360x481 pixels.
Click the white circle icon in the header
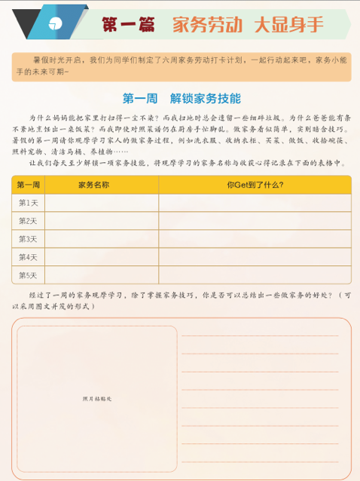click(55, 21)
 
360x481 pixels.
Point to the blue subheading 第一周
click(139, 98)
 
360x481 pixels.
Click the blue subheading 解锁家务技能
click(205, 98)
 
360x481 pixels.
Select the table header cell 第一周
click(28, 185)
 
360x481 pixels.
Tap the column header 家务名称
click(93, 185)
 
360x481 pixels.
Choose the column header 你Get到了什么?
click(255, 185)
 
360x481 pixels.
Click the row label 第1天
click(28, 203)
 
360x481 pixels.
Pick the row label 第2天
click(28, 221)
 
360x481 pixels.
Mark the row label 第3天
click(28, 239)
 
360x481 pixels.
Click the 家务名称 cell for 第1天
click(101, 203)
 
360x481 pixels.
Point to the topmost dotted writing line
click(260, 335)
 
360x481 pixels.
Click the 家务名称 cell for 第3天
click(101, 239)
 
